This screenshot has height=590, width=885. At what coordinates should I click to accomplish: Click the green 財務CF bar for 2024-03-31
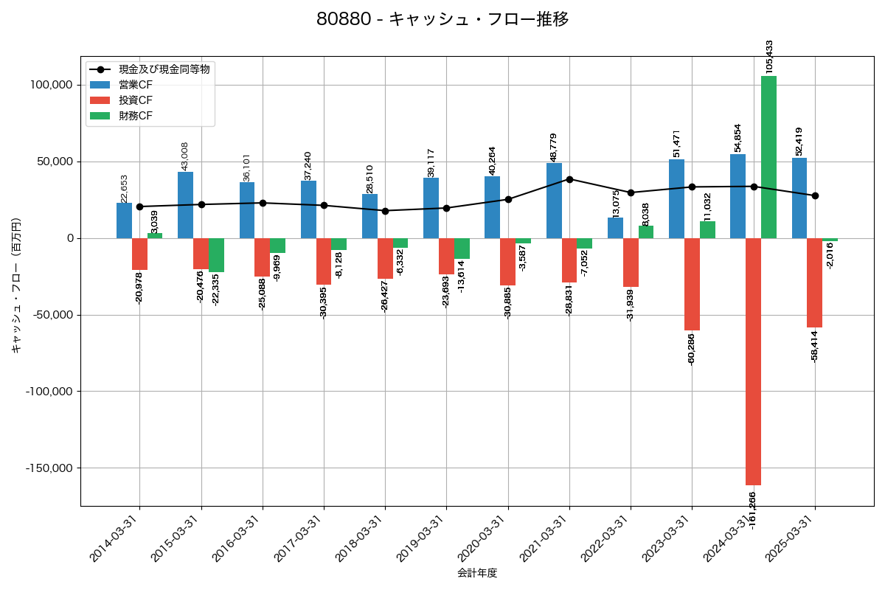[x=768, y=157]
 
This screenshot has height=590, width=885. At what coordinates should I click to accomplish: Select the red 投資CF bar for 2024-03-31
[x=753, y=361]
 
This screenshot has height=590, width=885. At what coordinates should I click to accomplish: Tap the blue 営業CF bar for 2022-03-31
[x=615, y=228]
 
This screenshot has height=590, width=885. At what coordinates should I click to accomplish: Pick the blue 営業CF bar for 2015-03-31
[x=185, y=205]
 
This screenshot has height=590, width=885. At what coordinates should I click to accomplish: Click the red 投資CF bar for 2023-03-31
[x=692, y=284]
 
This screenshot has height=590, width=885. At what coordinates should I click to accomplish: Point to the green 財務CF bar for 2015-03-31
[x=216, y=255]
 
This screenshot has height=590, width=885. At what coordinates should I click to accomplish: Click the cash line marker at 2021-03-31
[x=569, y=179]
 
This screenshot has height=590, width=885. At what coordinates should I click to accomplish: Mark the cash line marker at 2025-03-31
[x=815, y=195]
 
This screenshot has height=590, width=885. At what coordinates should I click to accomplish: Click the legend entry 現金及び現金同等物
[x=164, y=69]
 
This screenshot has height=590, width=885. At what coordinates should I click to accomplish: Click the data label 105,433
[x=770, y=57]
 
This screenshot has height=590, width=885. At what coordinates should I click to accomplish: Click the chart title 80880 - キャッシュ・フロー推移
[x=442, y=19]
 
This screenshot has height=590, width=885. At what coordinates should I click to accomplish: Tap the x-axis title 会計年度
[x=477, y=573]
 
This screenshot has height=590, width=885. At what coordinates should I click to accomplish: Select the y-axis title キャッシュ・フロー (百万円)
[x=16, y=285]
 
